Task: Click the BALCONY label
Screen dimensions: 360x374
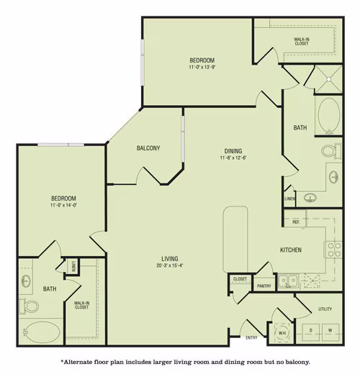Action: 148,148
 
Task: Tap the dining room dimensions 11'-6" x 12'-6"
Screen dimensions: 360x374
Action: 233,158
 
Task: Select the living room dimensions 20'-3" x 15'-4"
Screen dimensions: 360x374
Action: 170,265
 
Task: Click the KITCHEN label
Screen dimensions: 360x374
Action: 291,250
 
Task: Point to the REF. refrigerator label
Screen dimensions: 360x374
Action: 296,222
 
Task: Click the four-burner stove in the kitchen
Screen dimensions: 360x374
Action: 334,250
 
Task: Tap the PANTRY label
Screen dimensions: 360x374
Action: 264,286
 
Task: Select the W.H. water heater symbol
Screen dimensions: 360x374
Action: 282,333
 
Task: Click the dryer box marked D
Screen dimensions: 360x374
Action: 310,332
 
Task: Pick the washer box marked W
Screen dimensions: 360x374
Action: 330,332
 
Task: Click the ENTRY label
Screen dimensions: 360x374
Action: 251,338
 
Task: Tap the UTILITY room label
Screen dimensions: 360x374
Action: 325,309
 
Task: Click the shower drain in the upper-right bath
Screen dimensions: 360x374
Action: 329,79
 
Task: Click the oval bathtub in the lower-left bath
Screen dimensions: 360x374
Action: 42,332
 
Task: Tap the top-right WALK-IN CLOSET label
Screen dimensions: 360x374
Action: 302,41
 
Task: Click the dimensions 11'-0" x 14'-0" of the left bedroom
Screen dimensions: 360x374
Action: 63,205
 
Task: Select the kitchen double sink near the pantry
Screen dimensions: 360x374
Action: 288,280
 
